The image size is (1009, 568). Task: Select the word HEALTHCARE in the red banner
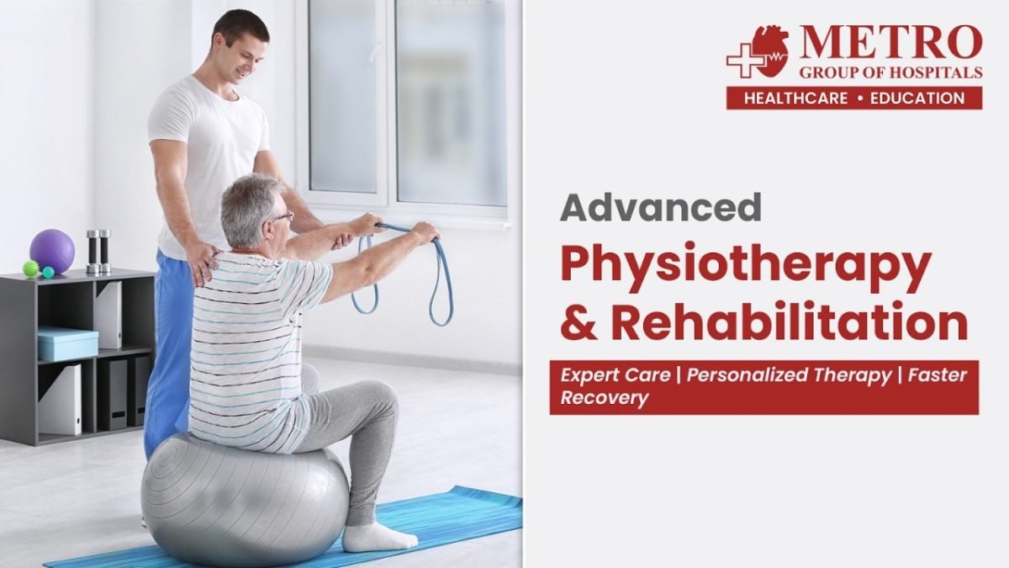click(795, 98)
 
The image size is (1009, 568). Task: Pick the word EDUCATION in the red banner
click(917, 98)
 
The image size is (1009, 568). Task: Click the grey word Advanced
click(660, 207)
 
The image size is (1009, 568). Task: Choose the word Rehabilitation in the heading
click(790, 321)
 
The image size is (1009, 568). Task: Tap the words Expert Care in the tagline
click(615, 375)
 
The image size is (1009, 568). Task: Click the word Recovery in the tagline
click(604, 398)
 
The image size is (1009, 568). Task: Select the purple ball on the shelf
click(52, 252)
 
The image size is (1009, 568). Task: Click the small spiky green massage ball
click(30, 268)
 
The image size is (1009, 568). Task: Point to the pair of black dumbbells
click(98, 252)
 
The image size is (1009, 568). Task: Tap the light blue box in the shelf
click(67, 343)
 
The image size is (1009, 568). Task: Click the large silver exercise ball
click(245, 499)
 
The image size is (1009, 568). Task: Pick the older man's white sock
click(378, 537)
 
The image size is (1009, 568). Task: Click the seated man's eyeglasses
click(283, 217)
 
